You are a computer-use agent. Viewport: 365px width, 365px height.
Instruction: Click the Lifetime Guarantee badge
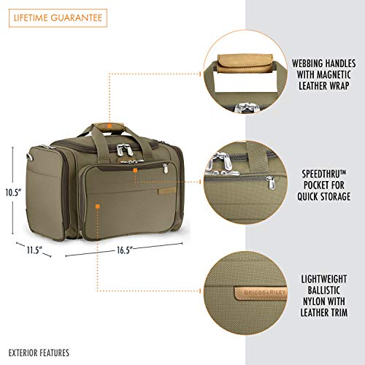click(x=58, y=18)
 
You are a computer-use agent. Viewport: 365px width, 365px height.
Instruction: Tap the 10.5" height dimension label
click(x=14, y=193)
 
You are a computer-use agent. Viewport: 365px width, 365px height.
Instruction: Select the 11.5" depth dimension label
click(x=34, y=250)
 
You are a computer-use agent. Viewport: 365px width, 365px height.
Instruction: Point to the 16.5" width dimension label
click(x=124, y=250)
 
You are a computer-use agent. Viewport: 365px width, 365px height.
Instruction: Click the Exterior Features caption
click(x=39, y=353)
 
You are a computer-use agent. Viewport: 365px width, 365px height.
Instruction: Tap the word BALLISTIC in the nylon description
click(x=324, y=290)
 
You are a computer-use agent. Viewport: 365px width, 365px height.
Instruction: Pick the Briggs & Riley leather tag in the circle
click(x=261, y=293)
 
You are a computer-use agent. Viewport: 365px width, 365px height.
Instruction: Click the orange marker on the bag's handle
click(x=109, y=126)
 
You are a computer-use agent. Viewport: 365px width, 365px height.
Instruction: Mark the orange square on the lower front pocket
click(x=98, y=207)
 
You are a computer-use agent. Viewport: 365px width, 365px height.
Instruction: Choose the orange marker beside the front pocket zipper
click(x=135, y=170)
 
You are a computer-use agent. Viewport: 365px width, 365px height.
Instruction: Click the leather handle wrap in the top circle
click(x=245, y=64)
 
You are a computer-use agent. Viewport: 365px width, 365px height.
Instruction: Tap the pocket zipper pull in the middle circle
click(x=271, y=182)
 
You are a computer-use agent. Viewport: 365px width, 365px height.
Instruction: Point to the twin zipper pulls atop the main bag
click(x=125, y=150)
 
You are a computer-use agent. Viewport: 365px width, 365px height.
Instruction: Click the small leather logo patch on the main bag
click(x=167, y=191)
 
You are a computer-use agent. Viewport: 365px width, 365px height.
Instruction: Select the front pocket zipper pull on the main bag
click(x=166, y=169)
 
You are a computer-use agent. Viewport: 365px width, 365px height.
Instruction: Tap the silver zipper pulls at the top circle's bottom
click(x=246, y=107)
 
